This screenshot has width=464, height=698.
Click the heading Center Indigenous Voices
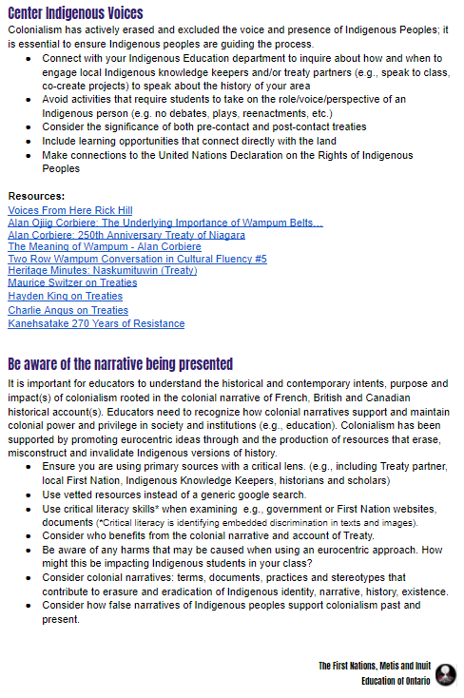pos(75,13)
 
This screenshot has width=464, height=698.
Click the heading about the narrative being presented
pos(120,364)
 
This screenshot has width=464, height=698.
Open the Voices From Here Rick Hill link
pos(70,210)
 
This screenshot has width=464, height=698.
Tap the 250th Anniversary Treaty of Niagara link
pos(126,235)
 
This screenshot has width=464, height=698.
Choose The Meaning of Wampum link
pos(104,246)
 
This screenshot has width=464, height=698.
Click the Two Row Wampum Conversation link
pos(137,259)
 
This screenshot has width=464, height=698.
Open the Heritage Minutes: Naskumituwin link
pos(102,270)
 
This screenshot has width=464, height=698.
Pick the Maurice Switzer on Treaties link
pos(72,282)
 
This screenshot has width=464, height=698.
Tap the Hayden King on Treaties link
pos(65,296)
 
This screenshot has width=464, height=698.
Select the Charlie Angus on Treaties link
pos(68,310)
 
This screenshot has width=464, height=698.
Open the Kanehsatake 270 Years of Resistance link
pos(96,323)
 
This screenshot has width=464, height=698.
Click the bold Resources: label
pos(37,196)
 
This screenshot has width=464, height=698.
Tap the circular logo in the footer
pos(445,674)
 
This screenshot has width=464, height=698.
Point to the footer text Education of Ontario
pos(396,681)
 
